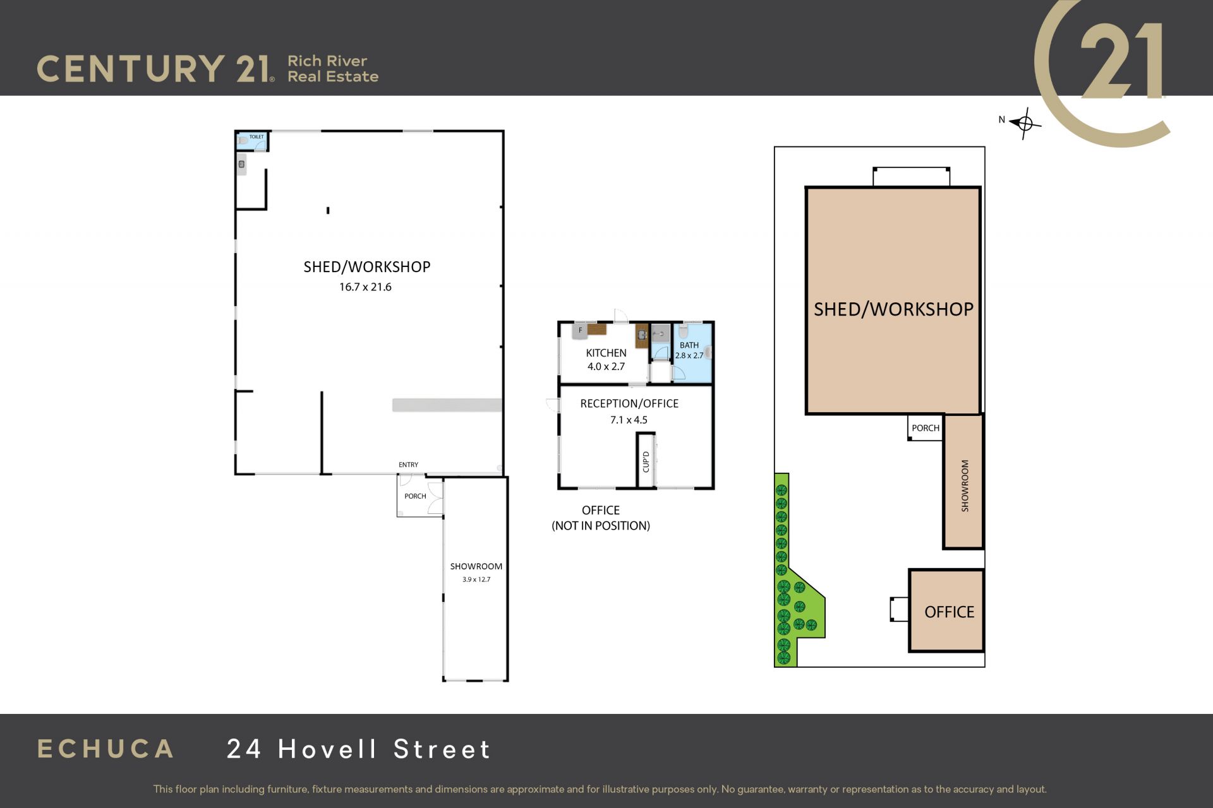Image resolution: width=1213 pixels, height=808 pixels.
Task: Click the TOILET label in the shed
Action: pyautogui.click(x=256, y=137)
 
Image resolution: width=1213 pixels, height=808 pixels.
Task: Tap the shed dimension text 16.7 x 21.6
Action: pyautogui.click(x=365, y=287)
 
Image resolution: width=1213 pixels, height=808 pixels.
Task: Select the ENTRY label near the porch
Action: pyautogui.click(x=408, y=465)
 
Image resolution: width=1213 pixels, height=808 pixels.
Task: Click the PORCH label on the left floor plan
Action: pyautogui.click(x=415, y=496)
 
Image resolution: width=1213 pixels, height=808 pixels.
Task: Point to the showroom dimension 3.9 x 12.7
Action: pyautogui.click(x=476, y=579)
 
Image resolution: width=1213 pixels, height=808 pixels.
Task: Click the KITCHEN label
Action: pyautogui.click(x=606, y=353)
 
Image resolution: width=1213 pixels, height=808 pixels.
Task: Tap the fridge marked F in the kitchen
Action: pyautogui.click(x=580, y=330)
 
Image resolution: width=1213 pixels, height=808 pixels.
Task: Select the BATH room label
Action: pyautogui.click(x=689, y=345)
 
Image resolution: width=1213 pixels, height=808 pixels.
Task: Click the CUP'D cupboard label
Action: pyautogui.click(x=646, y=461)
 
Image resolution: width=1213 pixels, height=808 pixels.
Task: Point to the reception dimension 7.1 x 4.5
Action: pyautogui.click(x=629, y=420)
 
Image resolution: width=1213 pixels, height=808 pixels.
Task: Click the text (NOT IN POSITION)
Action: pyautogui.click(x=601, y=526)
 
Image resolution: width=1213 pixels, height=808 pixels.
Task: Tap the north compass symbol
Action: pyautogui.click(x=1024, y=122)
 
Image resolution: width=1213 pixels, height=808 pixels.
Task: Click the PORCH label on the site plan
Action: pyautogui.click(x=926, y=428)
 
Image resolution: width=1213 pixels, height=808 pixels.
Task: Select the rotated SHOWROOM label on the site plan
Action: pyautogui.click(x=965, y=485)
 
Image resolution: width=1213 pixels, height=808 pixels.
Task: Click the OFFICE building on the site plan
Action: pyautogui.click(x=946, y=610)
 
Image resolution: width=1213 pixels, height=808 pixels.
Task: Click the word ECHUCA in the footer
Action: pyautogui.click(x=106, y=749)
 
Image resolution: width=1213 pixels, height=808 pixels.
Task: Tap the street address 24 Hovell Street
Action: pyautogui.click(x=358, y=749)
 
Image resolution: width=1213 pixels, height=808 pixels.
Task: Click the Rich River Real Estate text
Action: pyautogui.click(x=333, y=69)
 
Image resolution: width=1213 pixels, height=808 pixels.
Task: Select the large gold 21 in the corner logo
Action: pyautogui.click(x=1121, y=61)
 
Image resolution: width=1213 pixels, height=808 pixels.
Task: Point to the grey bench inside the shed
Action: pyautogui.click(x=447, y=405)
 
